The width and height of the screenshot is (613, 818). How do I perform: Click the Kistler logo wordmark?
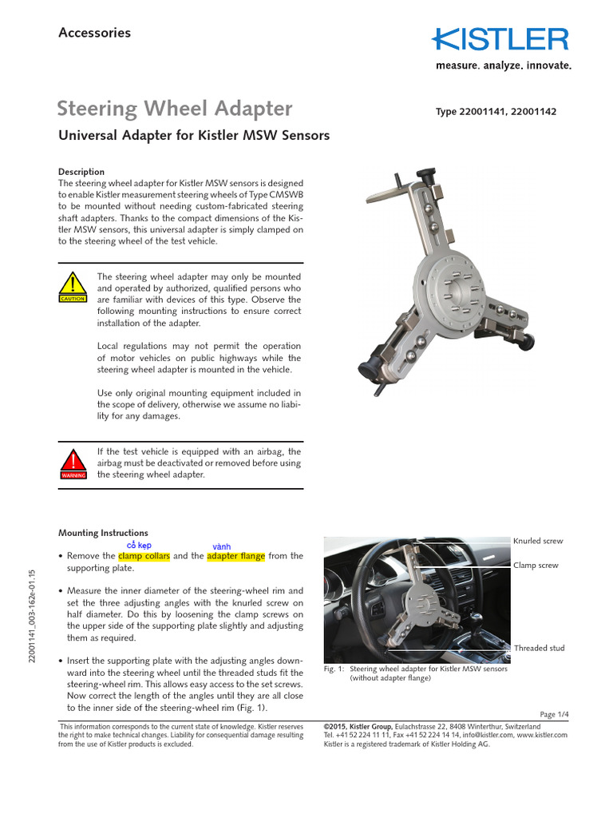pos(501,40)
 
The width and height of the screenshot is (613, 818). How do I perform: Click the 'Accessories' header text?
pos(94,33)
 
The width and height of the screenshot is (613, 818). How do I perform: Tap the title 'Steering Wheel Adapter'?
pos(176,109)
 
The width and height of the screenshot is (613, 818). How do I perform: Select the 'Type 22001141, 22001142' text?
pos(496,112)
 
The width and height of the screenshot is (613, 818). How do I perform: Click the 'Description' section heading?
pos(81,172)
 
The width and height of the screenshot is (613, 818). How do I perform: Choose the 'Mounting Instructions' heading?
pos(103,533)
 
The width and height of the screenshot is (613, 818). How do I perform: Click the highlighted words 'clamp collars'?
pos(144,556)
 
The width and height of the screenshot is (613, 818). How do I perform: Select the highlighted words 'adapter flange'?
pos(233,556)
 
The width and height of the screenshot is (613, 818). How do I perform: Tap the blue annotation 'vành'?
pos(222,546)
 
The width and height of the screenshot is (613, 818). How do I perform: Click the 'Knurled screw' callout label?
pos(537,541)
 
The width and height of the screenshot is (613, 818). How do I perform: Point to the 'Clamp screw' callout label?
pos(535,565)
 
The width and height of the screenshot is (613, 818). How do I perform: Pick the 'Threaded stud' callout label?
pos(539,648)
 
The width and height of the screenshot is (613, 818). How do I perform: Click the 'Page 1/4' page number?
pos(553,713)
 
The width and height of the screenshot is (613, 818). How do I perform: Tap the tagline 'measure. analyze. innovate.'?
pos(503,66)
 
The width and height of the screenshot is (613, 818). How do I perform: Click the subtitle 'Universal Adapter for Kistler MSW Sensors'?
pos(194,136)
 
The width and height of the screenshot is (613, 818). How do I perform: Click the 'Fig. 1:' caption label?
pos(334,669)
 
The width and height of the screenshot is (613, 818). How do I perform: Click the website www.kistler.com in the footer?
pos(542,733)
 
